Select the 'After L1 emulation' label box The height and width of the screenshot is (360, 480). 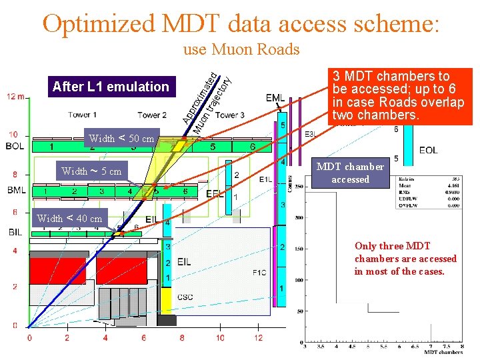111,86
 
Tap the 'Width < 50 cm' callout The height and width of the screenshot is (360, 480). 121,139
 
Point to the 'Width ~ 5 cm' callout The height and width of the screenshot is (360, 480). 91,171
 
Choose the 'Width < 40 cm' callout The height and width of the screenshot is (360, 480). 70,218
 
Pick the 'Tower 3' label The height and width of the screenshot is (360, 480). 230,115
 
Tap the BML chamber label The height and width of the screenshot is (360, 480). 17,191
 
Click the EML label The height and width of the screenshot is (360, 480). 275,98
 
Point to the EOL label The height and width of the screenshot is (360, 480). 428,151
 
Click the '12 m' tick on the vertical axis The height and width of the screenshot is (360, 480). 17,97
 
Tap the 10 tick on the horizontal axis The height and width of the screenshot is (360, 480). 220,338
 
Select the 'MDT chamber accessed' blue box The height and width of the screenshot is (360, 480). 350,173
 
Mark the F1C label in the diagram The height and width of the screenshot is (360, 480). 259,271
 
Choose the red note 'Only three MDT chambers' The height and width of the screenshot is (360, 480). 405,259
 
